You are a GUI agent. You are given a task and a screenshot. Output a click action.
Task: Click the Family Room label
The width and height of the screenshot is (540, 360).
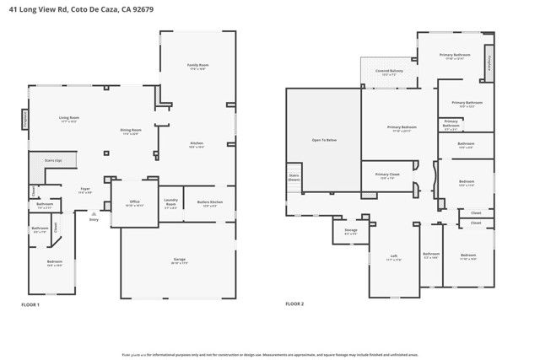coord(197,65)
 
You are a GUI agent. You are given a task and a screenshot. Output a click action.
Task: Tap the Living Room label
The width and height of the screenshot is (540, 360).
coord(69,117)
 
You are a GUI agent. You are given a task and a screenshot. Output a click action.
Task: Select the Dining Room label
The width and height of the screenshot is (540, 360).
coord(132,130)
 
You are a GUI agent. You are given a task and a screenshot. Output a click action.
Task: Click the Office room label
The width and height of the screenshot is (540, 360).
coord(134,201)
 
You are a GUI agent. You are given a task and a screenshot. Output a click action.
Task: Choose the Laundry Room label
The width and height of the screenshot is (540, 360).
coord(170,203)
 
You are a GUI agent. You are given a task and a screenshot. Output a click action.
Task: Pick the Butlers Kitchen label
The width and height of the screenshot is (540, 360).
coord(210,201)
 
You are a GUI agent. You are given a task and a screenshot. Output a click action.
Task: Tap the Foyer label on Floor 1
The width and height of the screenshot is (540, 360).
coord(85,189)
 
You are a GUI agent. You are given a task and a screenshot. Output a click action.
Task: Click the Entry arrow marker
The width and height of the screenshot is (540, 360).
coord(93,216)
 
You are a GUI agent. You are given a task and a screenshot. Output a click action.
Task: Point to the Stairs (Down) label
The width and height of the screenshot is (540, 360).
coord(294,178)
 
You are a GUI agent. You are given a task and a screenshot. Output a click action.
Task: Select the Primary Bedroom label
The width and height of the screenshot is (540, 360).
coord(399,127)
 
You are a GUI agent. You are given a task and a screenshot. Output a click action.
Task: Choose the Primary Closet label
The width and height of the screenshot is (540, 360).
coord(387,175)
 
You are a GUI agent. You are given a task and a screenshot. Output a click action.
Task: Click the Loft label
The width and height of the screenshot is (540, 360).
coord(393,255)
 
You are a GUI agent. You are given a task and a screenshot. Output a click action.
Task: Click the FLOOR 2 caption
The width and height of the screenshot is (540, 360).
coord(294,304)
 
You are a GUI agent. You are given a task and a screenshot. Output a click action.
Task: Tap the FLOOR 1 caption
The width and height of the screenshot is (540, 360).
coord(30,304)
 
